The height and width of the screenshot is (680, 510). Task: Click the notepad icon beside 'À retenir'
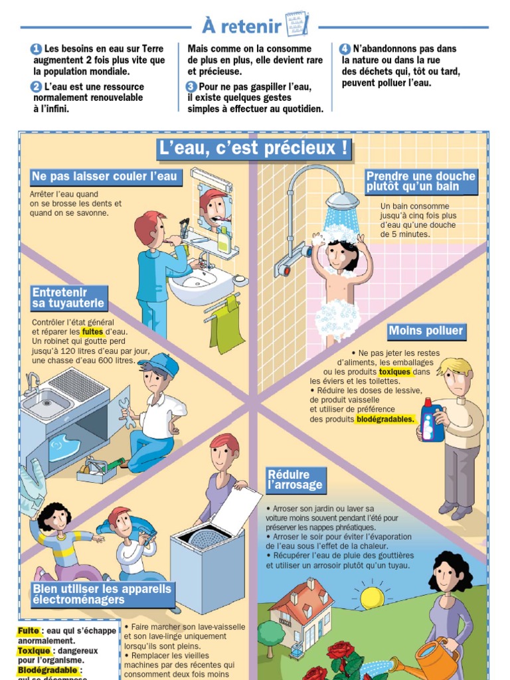coord(297,24)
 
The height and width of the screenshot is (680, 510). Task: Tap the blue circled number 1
coord(37,49)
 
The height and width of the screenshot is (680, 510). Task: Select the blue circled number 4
coord(345,49)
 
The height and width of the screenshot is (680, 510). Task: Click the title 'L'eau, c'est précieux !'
coord(254,148)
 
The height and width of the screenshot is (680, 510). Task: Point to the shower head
coord(343,201)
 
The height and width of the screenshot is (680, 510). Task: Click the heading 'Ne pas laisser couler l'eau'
coord(105,177)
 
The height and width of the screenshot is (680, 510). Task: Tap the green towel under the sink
coord(227,323)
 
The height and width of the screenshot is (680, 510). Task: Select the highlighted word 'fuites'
coord(92,332)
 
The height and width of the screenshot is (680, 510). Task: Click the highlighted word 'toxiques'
coord(394,372)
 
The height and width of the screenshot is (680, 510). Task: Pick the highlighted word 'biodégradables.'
coord(385,419)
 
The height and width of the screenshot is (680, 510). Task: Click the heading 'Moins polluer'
coord(426,331)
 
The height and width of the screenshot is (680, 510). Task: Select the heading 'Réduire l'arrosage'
coord(296,479)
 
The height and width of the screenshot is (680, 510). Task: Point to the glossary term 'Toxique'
coord(34,651)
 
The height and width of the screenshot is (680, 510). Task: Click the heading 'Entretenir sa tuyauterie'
coord(68,297)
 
